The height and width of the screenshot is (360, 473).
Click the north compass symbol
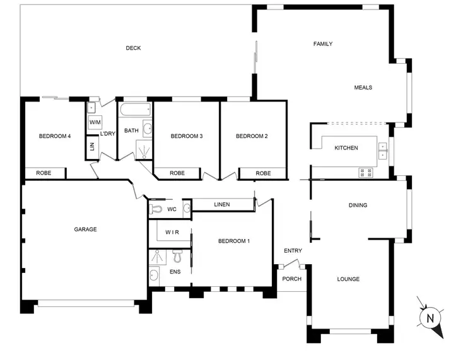(x=431, y=318)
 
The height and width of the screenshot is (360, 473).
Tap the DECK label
(x=133, y=48)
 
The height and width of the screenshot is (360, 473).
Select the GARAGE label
(x=85, y=229)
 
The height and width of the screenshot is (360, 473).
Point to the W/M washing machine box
(x=95, y=122)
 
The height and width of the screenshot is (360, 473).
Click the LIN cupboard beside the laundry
(x=92, y=146)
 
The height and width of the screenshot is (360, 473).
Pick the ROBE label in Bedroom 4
(x=44, y=173)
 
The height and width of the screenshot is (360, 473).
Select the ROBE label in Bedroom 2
(x=263, y=173)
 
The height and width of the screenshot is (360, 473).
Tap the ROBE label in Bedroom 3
(x=177, y=173)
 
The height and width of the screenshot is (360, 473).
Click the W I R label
(x=172, y=232)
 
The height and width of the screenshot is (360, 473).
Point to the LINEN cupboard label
(x=222, y=204)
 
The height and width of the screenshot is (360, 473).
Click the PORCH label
(x=291, y=279)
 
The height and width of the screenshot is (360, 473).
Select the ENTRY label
(x=293, y=251)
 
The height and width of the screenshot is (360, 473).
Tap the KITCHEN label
(x=346, y=148)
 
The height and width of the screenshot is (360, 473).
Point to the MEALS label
(x=363, y=88)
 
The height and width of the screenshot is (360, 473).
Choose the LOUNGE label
(x=348, y=279)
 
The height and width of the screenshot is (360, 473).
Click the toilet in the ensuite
(x=177, y=256)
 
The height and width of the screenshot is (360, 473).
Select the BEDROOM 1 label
(x=234, y=241)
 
